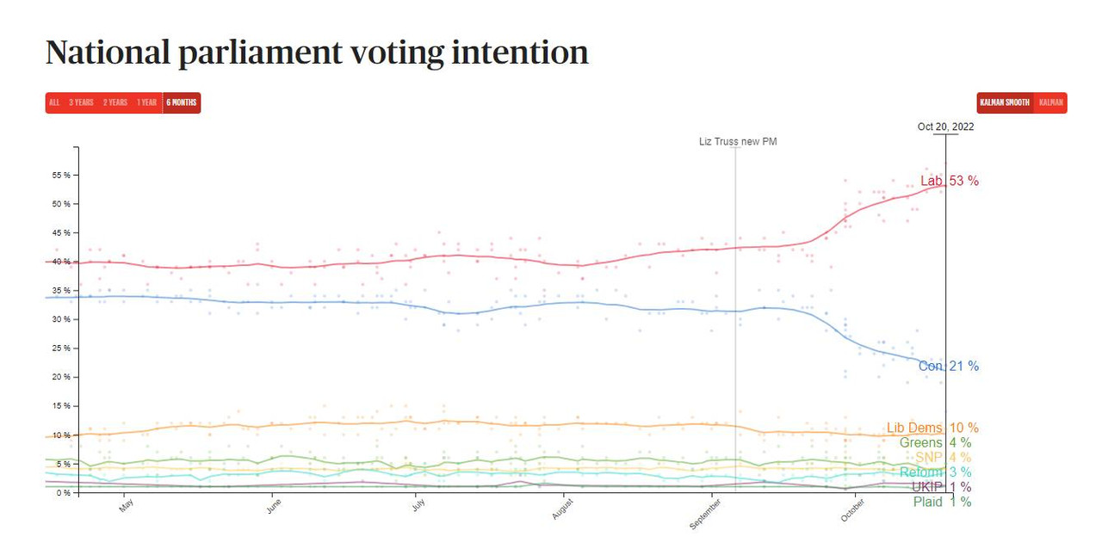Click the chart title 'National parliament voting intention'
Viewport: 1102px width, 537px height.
317,52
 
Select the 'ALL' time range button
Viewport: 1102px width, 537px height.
54,102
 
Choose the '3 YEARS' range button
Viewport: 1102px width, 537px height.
81,102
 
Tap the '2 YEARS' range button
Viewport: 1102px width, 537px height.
115,102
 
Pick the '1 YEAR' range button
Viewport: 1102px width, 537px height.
146,102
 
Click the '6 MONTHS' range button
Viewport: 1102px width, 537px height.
182,102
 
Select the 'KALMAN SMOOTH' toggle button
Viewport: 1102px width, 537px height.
1005,102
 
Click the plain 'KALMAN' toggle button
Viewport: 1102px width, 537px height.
1051,102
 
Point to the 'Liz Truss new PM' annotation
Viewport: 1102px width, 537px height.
738,141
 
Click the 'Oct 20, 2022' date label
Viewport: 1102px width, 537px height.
945,127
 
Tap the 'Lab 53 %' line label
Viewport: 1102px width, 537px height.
949,181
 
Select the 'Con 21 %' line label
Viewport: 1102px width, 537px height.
948,366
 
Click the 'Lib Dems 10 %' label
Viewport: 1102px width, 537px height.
932,428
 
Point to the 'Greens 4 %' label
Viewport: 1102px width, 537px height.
935,442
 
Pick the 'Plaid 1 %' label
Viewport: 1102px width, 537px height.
942,501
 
